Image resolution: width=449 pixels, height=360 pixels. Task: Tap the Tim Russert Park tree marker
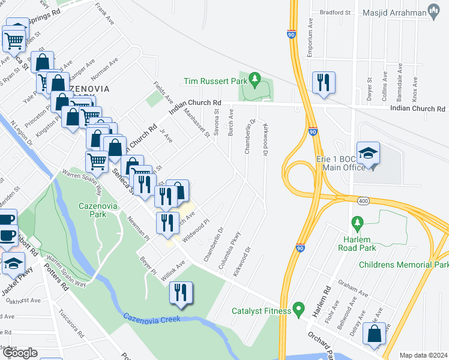[x=255, y=79]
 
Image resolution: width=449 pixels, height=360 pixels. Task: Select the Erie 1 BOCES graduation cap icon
[x=368, y=153]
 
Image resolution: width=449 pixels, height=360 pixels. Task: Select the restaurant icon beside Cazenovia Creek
[x=181, y=293]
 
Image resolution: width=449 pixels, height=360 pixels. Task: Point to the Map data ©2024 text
[x=423, y=355]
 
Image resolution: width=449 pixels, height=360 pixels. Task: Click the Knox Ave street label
[x=414, y=88]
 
